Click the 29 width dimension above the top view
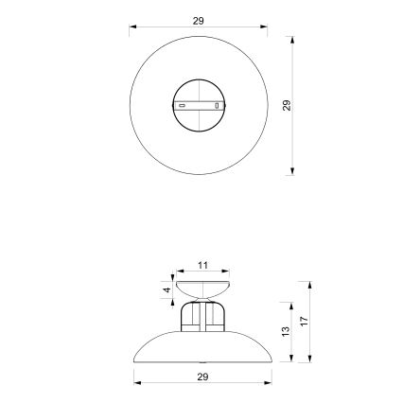[198, 20]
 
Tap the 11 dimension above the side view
[202, 265]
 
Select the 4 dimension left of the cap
[166, 289]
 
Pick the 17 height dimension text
[304, 321]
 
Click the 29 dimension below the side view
[201, 376]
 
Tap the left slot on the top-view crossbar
[183, 106]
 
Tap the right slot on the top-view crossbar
[217, 105]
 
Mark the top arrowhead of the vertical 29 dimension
[292, 41]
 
